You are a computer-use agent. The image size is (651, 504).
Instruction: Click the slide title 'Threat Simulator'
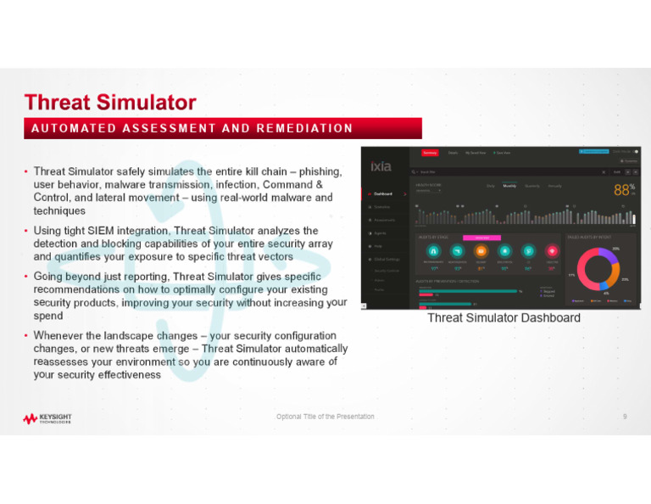tap(110, 103)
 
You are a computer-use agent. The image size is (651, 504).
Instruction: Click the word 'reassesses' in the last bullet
tap(64, 361)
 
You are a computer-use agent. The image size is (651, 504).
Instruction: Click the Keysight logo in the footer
tap(47, 418)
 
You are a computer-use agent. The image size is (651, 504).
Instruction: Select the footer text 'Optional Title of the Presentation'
tap(325, 417)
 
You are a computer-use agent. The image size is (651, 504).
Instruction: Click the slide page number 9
tap(625, 417)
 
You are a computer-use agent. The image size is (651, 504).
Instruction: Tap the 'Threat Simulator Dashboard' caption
tap(504, 317)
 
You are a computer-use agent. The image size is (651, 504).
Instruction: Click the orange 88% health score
tap(623, 190)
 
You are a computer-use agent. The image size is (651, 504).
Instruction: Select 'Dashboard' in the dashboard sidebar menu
tap(383, 193)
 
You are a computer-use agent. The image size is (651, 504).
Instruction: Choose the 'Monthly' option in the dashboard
tap(509, 186)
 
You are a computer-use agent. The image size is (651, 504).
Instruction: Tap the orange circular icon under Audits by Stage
tap(481, 251)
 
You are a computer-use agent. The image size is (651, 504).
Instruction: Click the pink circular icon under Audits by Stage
tap(552, 251)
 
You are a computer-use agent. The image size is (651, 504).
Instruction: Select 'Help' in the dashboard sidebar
tap(378, 246)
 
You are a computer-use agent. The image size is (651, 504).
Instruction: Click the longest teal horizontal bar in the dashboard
tap(467, 291)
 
